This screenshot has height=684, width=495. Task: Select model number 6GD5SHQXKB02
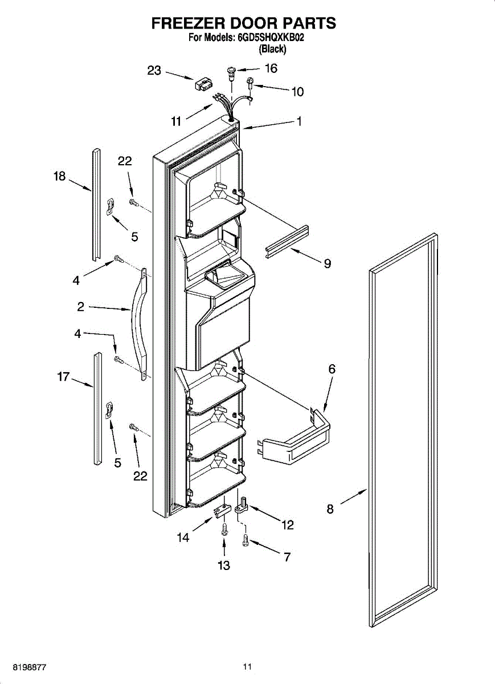pos(268,39)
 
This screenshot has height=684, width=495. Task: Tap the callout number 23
pos(154,70)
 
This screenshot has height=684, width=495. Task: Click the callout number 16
pos(271,68)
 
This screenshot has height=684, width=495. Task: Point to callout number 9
pos(328,263)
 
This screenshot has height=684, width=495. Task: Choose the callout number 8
pos(330,510)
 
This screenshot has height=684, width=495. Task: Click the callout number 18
pos(60,176)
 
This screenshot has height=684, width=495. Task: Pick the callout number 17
pos(63,376)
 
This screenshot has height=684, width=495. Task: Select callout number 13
pos(224,565)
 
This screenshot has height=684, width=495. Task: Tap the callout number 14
pos(183,537)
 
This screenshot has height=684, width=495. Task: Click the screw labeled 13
pos(224,529)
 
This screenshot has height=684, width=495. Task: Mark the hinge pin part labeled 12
pos(242,505)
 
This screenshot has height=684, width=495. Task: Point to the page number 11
pos(247,666)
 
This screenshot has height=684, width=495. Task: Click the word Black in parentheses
pos(272,49)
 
